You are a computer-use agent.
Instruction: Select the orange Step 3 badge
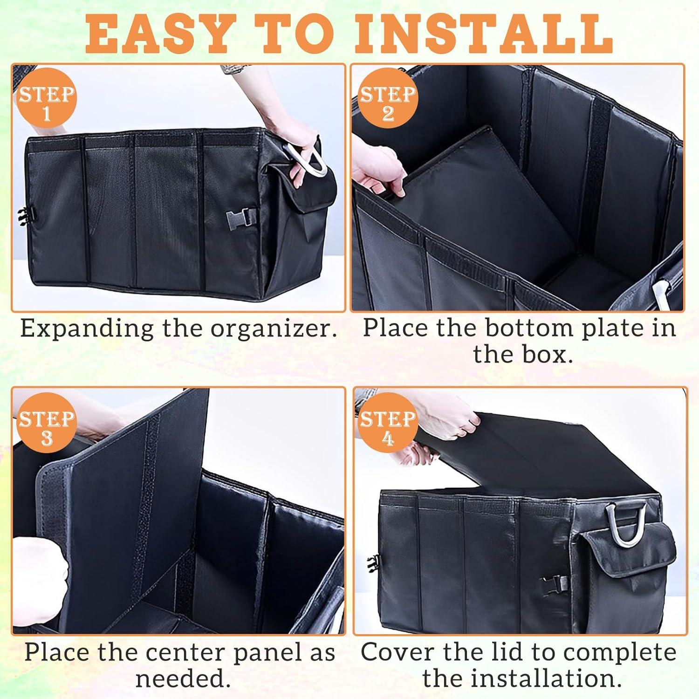[46, 428]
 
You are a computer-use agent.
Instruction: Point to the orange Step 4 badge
[388, 428]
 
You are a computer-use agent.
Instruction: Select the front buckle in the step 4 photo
[556, 582]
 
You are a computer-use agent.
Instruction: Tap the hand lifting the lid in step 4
[447, 426]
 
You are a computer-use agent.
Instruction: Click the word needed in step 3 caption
[183, 678]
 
